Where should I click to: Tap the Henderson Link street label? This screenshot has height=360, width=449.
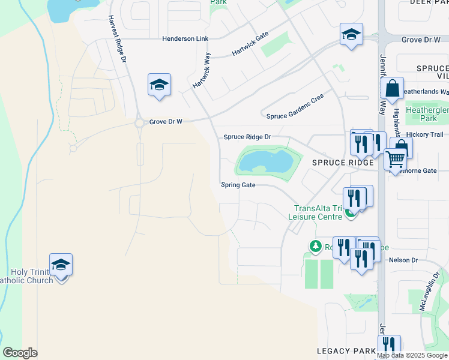click(x=185, y=38)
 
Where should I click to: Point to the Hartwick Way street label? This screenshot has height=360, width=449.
click(x=202, y=71)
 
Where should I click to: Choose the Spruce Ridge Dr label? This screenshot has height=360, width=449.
click(x=247, y=137)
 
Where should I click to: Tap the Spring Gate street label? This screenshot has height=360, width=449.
click(x=238, y=185)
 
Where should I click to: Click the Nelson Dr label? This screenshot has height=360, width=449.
click(x=403, y=260)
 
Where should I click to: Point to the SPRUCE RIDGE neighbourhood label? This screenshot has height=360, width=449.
click(x=338, y=163)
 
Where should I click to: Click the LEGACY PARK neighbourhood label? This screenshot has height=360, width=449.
click(x=346, y=350)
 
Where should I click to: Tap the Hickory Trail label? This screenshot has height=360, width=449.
click(x=424, y=134)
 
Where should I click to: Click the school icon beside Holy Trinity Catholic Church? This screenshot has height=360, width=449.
click(x=61, y=265)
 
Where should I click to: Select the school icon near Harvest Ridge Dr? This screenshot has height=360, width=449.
click(x=160, y=85)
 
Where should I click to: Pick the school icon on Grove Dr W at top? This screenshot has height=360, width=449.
click(x=351, y=34)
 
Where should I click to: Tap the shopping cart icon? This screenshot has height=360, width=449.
click(x=395, y=160)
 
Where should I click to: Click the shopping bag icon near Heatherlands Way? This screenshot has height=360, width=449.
click(x=392, y=89)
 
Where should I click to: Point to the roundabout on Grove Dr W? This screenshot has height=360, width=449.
click(x=140, y=122)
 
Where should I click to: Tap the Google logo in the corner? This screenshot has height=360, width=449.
click(x=20, y=353)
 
